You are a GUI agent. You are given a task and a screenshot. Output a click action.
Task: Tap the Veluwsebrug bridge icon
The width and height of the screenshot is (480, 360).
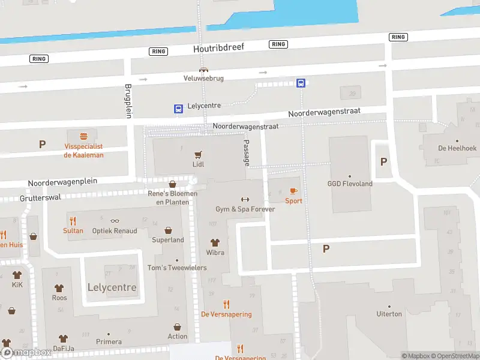(203, 70)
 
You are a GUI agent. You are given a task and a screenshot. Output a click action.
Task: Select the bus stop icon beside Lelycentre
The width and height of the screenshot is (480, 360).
(178, 109)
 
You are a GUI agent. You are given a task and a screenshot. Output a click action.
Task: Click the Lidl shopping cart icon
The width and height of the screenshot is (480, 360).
(199, 154)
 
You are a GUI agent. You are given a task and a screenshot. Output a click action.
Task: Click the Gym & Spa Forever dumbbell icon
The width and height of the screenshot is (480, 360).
(245, 199)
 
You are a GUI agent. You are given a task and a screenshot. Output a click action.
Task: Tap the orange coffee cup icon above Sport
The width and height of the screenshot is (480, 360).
(293, 191)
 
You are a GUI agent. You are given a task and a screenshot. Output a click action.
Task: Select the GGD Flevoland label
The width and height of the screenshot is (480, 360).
(350, 184)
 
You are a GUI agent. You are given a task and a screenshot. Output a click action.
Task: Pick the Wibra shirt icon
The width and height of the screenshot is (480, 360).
(215, 242)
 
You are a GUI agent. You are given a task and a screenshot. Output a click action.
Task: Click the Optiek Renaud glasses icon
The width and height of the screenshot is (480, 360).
(115, 221)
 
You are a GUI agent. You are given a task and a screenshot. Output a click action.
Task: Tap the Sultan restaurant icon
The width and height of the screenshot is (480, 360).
(73, 220)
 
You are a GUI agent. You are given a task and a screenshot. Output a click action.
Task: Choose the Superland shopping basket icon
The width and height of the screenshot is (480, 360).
(168, 230)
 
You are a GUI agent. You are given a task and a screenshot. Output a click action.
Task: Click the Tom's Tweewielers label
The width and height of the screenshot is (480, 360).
(177, 268)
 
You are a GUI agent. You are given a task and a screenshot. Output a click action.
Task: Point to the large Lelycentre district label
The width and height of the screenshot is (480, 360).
(112, 287)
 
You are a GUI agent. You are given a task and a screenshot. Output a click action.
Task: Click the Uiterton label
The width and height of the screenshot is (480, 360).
(389, 314)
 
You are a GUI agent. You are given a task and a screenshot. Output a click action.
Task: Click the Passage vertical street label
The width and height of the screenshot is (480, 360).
(246, 152)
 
